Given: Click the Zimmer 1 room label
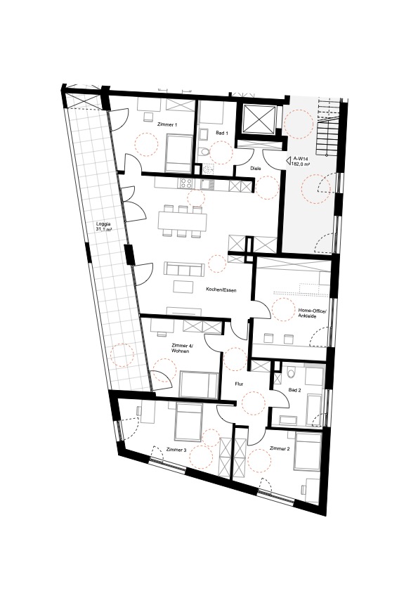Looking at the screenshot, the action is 168,125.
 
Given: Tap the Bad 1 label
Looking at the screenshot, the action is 221,133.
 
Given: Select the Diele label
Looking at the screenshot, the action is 256,169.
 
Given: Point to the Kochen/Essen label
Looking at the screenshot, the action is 221,290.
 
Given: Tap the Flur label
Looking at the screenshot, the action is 239,384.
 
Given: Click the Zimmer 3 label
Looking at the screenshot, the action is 176,450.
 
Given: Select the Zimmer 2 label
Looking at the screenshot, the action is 280,448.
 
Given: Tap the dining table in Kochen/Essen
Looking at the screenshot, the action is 183,221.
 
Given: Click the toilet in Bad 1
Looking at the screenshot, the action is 204,152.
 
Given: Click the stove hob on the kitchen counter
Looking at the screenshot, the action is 186,183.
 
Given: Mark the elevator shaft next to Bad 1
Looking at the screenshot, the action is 259,119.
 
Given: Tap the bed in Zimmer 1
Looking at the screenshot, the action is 179,152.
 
